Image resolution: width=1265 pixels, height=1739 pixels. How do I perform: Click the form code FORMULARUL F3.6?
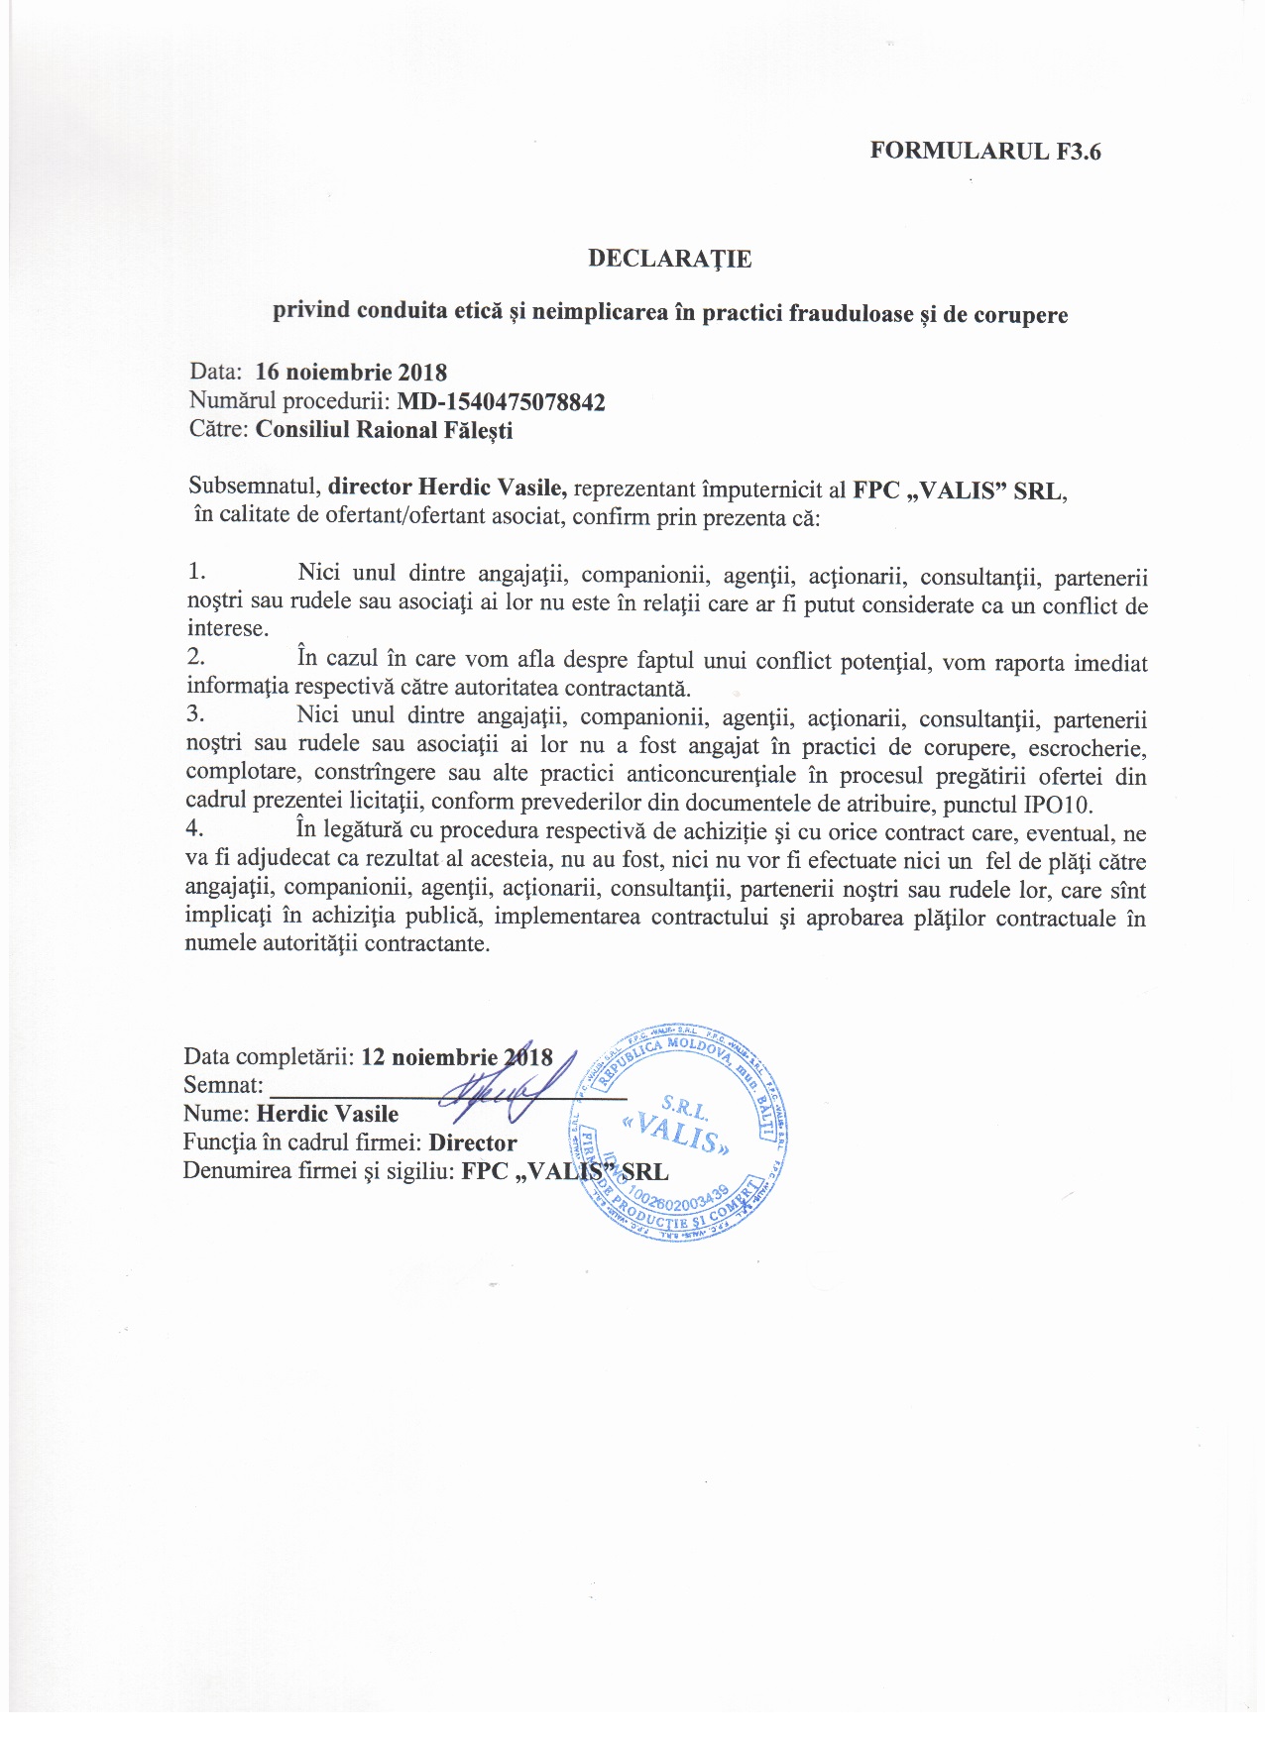click(x=985, y=151)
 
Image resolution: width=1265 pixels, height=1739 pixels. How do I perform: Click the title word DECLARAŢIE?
click(x=670, y=259)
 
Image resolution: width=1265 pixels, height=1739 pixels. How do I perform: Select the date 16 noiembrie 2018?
click(x=351, y=373)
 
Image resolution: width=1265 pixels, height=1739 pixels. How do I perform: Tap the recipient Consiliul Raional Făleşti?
click(x=384, y=430)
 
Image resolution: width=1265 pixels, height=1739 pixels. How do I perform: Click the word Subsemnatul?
click(x=255, y=488)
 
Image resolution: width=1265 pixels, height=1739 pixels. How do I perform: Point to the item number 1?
click(x=196, y=572)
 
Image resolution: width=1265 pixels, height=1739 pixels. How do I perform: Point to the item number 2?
click(x=196, y=656)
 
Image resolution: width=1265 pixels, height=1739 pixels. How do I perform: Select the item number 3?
click(x=196, y=714)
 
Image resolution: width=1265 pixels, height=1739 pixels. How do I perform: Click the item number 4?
click(x=195, y=829)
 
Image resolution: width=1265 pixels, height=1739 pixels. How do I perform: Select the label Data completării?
click(x=269, y=1056)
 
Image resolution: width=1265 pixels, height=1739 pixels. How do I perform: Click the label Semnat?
click(x=223, y=1085)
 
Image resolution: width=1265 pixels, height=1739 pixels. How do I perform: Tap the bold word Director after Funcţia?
click(x=473, y=1142)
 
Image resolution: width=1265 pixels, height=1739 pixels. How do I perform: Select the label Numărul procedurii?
click(x=289, y=401)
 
